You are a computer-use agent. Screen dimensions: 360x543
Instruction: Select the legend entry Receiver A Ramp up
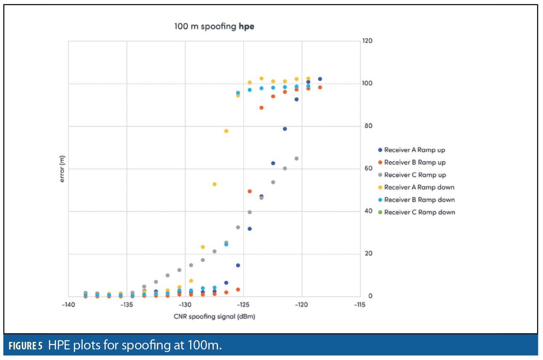coord(414,150)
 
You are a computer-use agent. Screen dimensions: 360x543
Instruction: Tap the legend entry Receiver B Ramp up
coord(414,163)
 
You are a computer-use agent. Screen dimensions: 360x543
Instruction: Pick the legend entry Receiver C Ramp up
coord(414,175)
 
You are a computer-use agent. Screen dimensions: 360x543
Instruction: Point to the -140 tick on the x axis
coord(68,305)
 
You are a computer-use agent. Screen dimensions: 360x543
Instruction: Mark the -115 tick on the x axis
coord(360,305)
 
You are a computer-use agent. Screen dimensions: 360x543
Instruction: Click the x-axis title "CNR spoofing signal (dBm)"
coord(214,316)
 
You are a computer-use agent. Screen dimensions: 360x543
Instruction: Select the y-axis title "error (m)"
coord(62,169)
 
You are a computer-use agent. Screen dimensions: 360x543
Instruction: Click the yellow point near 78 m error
coord(226,131)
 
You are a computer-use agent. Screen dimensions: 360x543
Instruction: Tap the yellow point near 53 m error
coord(214,184)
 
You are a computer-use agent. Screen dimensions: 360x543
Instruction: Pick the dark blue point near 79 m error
coord(285,129)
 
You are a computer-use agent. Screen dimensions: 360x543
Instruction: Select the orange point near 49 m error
coord(250,191)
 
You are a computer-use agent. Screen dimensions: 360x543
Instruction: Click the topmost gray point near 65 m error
coord(296,159)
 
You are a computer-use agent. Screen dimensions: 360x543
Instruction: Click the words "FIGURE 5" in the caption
coord(25,347)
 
